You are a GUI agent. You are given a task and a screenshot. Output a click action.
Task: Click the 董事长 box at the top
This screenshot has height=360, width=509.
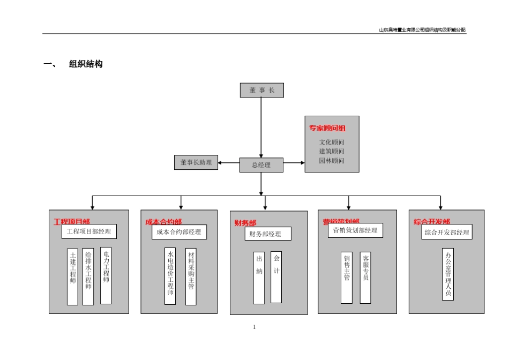coord(261,91)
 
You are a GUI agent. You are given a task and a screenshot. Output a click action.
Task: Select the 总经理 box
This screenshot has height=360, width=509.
coord(261,165)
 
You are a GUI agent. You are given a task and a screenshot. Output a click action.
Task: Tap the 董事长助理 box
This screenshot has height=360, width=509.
coord(196,162)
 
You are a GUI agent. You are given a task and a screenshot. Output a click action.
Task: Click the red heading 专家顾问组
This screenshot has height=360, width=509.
coord(327,128)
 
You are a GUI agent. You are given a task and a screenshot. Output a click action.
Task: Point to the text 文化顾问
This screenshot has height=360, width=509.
coord(332,142)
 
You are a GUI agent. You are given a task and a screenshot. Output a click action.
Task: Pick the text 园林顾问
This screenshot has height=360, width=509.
coord(332,161)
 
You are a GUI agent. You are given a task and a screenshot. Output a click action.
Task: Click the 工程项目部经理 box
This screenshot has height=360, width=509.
coord(89,231)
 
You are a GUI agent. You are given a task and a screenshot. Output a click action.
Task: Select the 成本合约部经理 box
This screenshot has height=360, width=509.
coord(179,232)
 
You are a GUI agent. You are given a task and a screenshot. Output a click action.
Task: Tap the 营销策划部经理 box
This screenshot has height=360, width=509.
coord(355,230)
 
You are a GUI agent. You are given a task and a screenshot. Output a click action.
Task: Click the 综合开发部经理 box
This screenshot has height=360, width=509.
coord(447,232)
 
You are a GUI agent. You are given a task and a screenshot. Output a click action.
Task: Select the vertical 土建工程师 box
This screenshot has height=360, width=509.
coord(72,276)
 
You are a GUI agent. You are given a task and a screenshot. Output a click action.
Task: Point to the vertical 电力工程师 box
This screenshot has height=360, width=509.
coord(106,275)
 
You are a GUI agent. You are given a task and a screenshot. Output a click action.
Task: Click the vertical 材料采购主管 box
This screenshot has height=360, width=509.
coord(191,276)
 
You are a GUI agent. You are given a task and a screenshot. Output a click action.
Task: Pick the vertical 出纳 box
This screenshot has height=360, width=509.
coord(259,277)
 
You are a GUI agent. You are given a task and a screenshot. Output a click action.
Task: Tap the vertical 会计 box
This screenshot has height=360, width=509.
coord(276,277)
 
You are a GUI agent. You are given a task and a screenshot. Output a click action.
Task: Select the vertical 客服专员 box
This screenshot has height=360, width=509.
coord(365,277)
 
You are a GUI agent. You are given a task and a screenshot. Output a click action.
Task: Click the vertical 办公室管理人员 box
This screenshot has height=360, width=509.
coord(448,274)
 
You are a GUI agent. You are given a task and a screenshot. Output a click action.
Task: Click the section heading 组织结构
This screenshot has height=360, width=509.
coord(86,64)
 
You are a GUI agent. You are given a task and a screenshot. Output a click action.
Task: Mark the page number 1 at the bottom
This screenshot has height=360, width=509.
coord(254,327)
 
